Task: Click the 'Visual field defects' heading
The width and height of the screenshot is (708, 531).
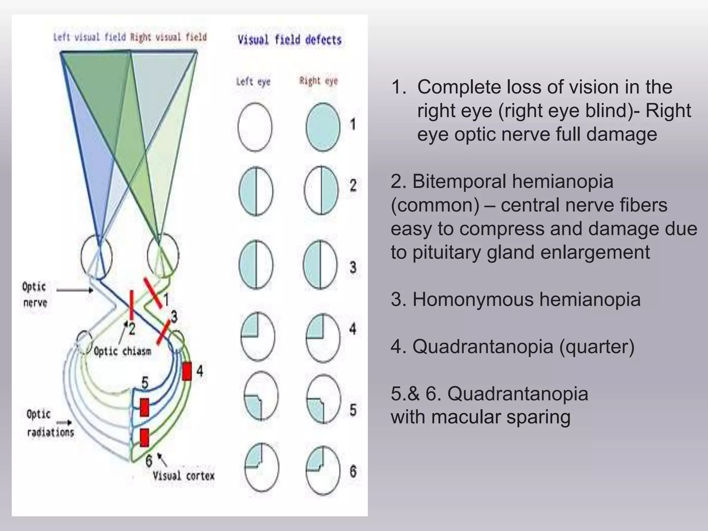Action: click(x=289, y=40)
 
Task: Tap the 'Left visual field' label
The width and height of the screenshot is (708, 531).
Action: click(x=89, y=37)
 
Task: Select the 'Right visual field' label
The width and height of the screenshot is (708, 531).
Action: click(x=168, y=37)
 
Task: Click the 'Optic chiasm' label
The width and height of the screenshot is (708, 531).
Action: click(x=122, y=351)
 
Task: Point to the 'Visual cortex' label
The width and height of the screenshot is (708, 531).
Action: click(x=184, y=476)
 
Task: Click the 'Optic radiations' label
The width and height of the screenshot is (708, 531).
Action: click(x=50, y=423)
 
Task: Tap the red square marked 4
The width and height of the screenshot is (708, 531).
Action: click(x=187, y=371)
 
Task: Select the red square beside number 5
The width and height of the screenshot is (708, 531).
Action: click(x=145, y=407)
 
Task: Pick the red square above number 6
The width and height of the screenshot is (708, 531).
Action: click(x=145, y=438)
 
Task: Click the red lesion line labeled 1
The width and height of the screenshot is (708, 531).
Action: click(x=153, y=292)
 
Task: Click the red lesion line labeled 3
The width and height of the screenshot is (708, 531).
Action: click(x=163, y=332)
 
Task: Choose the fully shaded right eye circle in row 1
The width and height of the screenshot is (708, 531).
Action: click(x=323, y=127)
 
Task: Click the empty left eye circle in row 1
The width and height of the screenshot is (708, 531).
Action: click(x=255, y=127)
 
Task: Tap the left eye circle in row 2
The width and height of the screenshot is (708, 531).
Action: click(x=256, y=191)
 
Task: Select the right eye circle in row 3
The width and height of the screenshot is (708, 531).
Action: click(x=320, y=265)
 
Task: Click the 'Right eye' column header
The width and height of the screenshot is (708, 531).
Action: click(x=318, y=81)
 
